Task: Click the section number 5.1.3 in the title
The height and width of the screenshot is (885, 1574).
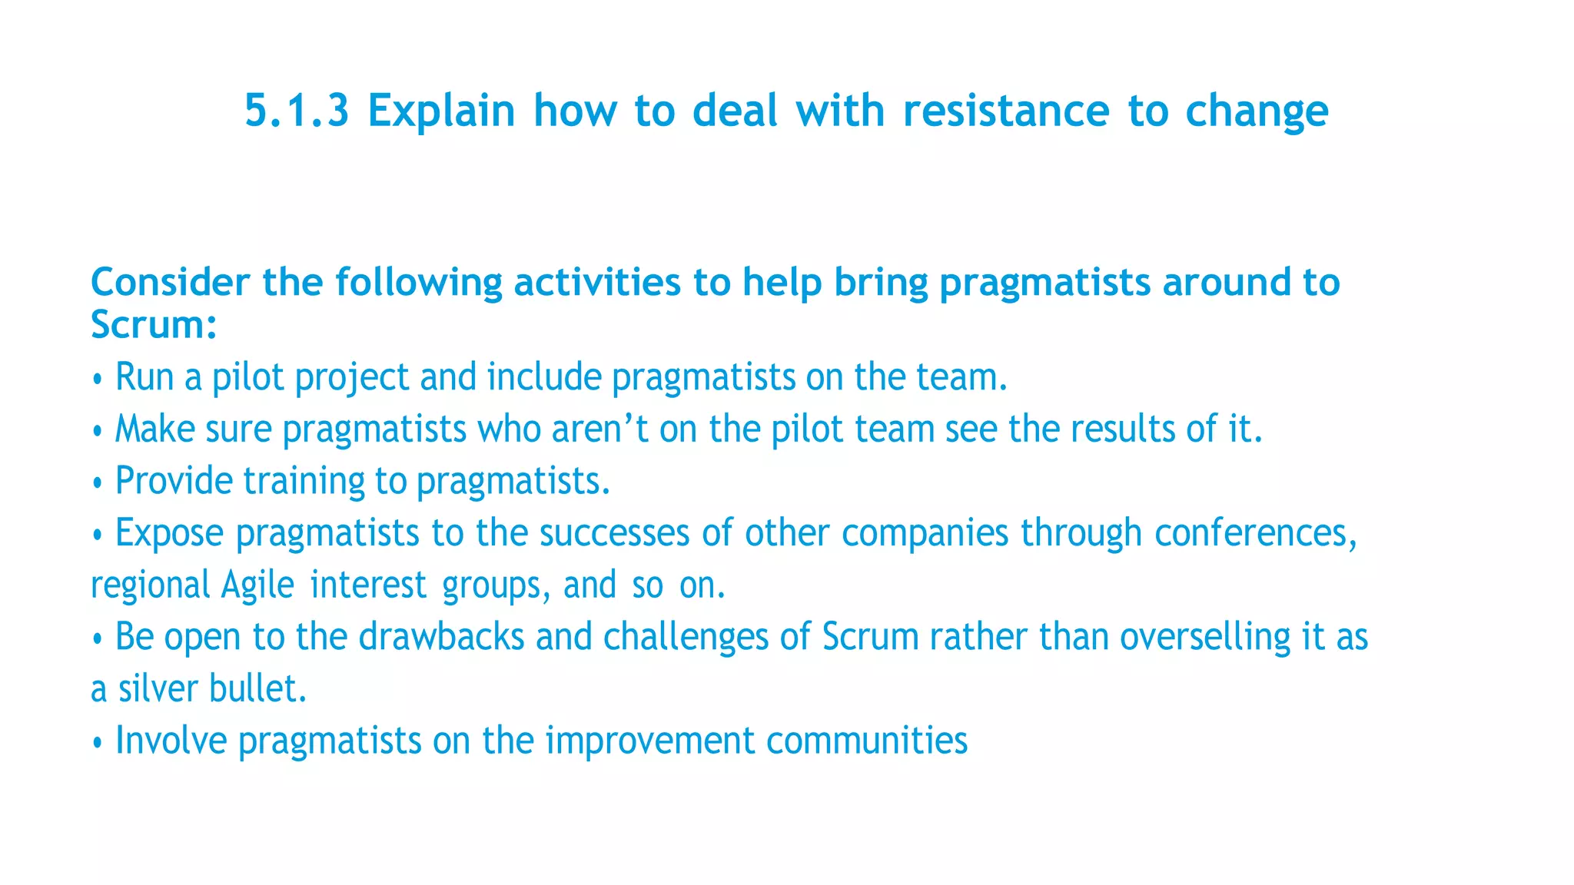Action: point(297,111)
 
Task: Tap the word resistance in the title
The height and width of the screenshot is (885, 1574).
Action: point(1005,111)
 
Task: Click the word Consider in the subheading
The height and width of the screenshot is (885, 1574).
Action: point(170,282)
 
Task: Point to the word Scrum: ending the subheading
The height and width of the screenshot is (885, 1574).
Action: point(154,324)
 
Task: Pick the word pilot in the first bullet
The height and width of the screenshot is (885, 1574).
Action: point(247,377)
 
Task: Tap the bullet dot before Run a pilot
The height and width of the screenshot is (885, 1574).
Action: point(97,380)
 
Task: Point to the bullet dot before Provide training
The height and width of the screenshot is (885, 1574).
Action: point(97,483)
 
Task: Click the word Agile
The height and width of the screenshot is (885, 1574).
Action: point(257,585)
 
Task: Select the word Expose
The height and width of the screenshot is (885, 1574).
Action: point(169,534)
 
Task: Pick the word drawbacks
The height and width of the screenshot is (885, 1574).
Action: point(441,637)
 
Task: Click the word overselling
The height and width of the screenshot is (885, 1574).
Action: point(1204,637)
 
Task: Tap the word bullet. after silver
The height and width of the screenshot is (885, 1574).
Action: point(257,688)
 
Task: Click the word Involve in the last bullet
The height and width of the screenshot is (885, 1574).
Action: point(171,741)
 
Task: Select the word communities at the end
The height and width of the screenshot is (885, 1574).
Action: point(866,741)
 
